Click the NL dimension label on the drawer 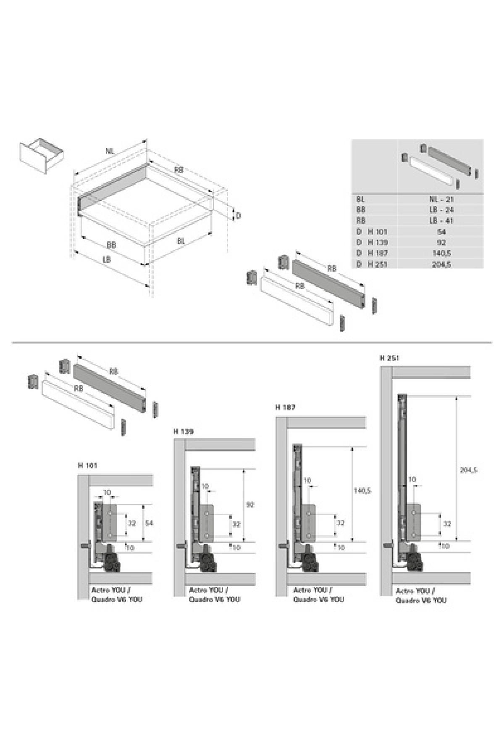(x=110, y=152)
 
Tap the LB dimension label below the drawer (x=107, y=259)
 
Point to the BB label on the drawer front (x=111, y=245)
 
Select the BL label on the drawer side (x=181, y=241)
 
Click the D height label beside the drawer (x=238, y=216)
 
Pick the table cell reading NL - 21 (x=441, y=199)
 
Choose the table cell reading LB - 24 (x=441, y=210)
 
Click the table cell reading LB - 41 (x=441, y=220)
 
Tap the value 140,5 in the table (x=441, y=253)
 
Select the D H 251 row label (x=372, y=264)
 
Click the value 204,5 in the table (x=441, y=264)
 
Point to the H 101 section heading (x=88, y=465)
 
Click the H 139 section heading (x=184, y=431)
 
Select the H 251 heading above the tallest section (x=389, y=358)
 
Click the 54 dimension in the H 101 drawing (x=149, y=523)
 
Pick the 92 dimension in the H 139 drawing (x=250, y=505)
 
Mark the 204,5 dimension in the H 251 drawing (x=468, y=470)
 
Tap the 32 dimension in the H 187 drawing (x=341, y=523)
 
